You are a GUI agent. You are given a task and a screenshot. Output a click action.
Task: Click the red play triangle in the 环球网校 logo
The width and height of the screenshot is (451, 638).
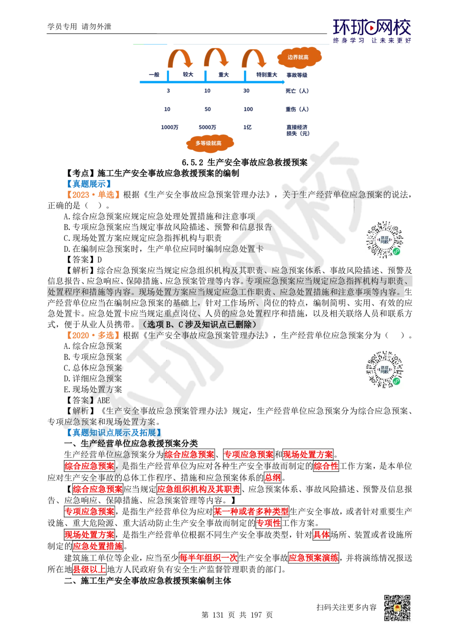(372, 28)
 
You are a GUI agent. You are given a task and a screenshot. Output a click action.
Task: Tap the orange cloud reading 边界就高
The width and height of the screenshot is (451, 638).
(300, 57)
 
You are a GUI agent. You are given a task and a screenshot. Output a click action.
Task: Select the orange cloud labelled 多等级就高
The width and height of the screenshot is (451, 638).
(209, 143)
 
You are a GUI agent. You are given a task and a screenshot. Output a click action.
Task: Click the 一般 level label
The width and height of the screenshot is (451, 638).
(154, 75)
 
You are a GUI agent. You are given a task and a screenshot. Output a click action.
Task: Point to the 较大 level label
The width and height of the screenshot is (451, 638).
(187, 75)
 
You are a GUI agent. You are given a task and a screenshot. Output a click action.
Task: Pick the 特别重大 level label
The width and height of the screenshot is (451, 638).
(267, 75)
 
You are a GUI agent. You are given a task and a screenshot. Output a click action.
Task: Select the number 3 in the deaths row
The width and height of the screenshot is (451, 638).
(168, 91)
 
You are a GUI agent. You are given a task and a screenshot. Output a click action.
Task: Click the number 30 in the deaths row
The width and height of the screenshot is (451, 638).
(246, 91)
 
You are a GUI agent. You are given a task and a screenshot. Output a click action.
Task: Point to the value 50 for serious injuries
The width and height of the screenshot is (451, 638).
(207, 109)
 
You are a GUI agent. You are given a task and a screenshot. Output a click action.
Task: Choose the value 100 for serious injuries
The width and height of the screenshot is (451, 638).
(248, 109)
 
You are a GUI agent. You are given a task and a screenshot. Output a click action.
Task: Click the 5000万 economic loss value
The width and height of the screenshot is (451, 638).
(207, 127)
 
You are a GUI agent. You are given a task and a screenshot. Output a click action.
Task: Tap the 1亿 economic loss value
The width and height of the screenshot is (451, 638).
(247, 127)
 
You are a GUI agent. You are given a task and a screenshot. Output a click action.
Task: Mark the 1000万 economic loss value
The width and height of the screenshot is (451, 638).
(169, 127)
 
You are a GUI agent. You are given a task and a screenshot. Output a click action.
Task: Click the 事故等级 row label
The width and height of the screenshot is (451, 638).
(296, 75)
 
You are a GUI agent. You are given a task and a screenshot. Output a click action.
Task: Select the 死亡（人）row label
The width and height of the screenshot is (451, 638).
(297, 91)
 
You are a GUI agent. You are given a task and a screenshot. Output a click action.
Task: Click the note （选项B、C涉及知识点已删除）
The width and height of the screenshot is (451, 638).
(199, 324)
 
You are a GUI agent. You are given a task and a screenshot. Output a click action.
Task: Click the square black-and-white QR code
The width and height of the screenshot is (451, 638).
(396, 608)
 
